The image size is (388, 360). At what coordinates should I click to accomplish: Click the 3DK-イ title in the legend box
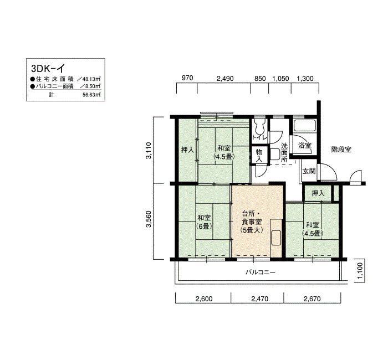(x=48, y=68)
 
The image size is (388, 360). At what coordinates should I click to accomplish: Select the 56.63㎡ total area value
(x=91, y=95)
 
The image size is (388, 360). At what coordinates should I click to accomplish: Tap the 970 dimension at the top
(x=187, y=78)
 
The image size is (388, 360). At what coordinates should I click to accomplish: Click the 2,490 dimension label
(x=225, y=79)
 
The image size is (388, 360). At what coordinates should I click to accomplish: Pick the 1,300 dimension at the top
(x=305, y=79)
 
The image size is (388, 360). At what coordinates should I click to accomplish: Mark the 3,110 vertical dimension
(x=149, y=150)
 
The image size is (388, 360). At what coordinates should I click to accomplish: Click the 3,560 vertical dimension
(x=149, y=219)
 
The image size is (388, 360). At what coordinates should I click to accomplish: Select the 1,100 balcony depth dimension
(x=360, y=270)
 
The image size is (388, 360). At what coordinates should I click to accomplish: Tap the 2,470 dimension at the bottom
(x=259, y=299)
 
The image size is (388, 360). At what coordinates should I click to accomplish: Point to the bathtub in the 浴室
(x=305, y=125)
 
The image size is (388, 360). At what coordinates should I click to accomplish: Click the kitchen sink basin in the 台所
(x=276, y=238)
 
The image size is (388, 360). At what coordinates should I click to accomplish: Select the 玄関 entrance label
(x=309, y=171)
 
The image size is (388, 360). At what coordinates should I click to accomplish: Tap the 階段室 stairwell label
(x=341, y=150)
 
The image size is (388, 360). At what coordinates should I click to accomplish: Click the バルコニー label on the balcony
(x=261, y=272)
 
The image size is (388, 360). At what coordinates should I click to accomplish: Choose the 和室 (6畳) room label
(x=204, y=222)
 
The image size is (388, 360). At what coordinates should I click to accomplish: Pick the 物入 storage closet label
(x=259, y=155)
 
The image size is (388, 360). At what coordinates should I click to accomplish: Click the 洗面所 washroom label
(x=284, y=152)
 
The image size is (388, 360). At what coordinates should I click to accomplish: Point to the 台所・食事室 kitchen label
(x=252, y=222)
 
